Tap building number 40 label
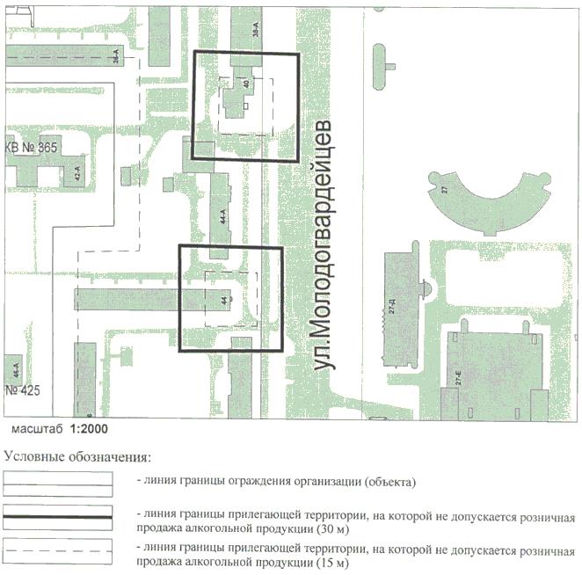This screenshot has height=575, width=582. click(x=246, y=84)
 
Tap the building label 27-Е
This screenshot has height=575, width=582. click(x=458, y=380)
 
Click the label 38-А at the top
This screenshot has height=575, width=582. click(x=256, y=27)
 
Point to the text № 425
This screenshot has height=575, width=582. click(x=23, y=389)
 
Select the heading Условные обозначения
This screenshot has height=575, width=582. click(x=77, y=456)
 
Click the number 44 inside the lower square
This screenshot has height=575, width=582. click(x=225, y=299)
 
